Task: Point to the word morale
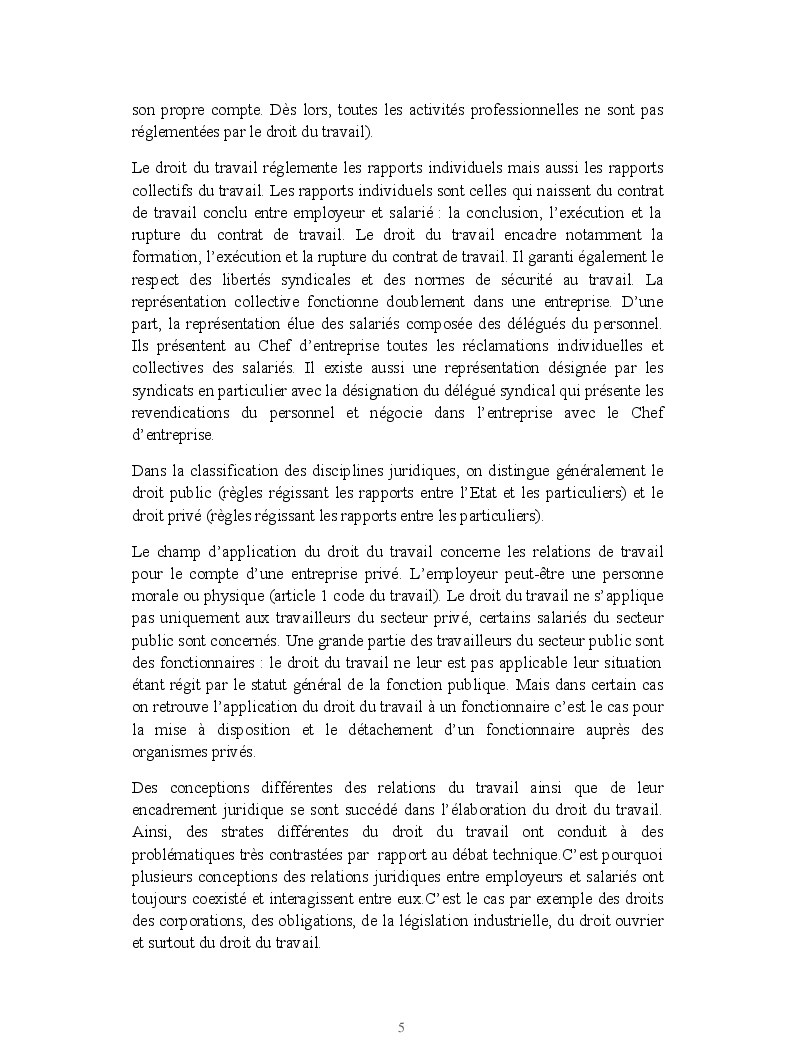[154, 598]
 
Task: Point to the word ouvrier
[639, 919]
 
